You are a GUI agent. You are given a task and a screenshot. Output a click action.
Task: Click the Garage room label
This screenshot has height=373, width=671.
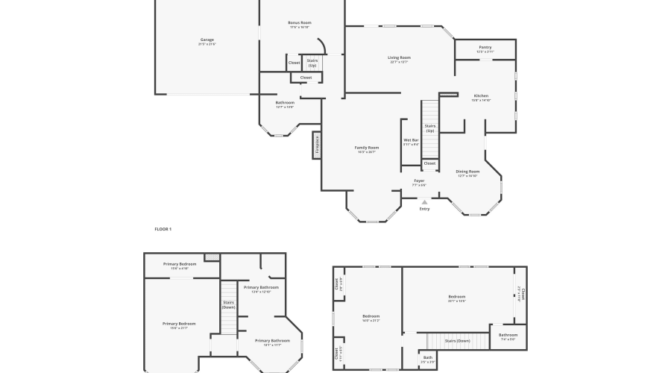(x=207, y=40)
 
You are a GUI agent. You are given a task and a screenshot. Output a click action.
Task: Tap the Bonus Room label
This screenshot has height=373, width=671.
(x=300, y=23)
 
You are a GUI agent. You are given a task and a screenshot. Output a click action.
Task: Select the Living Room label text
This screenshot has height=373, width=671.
(x=399, y=57)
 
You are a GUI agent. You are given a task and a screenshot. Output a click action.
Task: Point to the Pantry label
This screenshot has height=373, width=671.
(x=485, y=48)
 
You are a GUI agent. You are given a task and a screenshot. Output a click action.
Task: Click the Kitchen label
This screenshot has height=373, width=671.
(x=481, y=95)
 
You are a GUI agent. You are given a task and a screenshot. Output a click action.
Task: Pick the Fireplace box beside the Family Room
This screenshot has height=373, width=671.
(x=317, y=145)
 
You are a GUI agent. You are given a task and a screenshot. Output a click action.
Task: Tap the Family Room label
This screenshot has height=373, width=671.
(x=366, y=148)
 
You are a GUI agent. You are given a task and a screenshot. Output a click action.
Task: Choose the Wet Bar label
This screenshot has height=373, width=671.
(x=411, y=140)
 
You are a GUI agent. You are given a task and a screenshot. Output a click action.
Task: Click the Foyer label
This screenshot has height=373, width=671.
(x=420, y=181)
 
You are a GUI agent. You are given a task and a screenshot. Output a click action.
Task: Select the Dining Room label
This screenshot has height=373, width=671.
(x=467, y=172)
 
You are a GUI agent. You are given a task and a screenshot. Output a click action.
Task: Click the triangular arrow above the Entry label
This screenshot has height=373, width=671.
(x=424, y=201)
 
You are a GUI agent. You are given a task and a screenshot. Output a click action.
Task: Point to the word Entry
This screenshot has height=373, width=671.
(x=424, y=209)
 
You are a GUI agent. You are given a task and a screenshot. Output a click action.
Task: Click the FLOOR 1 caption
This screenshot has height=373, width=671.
(x=163, y=229)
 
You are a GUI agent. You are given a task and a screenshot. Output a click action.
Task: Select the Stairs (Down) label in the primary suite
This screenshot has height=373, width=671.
(x=229, y=304)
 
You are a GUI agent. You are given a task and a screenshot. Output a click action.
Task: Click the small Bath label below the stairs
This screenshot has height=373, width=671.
(x=428, y=358)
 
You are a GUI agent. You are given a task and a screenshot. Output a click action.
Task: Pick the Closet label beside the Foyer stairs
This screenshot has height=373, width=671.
(x=429, y=163)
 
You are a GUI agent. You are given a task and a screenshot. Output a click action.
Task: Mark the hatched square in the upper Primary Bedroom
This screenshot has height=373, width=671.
(x=212, y=257)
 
